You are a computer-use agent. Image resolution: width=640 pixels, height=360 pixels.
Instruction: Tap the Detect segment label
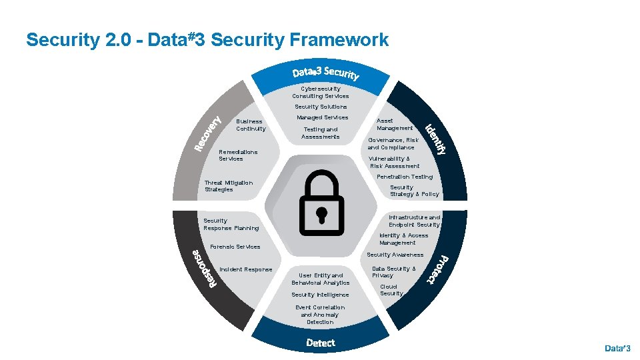point(321,343)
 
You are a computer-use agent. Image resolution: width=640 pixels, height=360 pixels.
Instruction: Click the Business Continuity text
point(251,125)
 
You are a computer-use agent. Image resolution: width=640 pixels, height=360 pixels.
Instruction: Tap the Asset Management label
point(395,125)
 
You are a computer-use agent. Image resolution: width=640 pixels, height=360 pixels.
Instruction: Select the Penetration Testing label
point(405,177)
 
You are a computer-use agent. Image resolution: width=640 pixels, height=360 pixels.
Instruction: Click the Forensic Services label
point(235,247)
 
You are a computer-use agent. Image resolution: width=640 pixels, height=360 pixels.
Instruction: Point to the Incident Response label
point(245,269)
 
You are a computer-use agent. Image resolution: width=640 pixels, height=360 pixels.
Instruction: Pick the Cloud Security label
point(391,290)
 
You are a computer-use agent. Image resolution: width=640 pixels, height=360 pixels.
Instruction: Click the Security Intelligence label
point(320,295)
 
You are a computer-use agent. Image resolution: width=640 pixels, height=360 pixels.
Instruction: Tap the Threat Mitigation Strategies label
point(229,186)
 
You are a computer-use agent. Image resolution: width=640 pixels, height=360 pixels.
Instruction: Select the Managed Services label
point(322,117)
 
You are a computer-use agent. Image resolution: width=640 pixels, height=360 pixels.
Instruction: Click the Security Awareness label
point(395,255)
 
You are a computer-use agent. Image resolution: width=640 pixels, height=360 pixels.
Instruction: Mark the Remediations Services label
point(238,155)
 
